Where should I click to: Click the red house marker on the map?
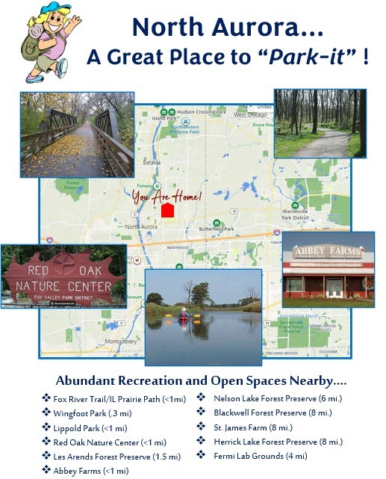pos(167,210)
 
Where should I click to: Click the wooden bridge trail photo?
pos(77,134)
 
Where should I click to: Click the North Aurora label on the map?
pos(141,226)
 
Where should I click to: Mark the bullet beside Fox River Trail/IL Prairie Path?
pos(46,398)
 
